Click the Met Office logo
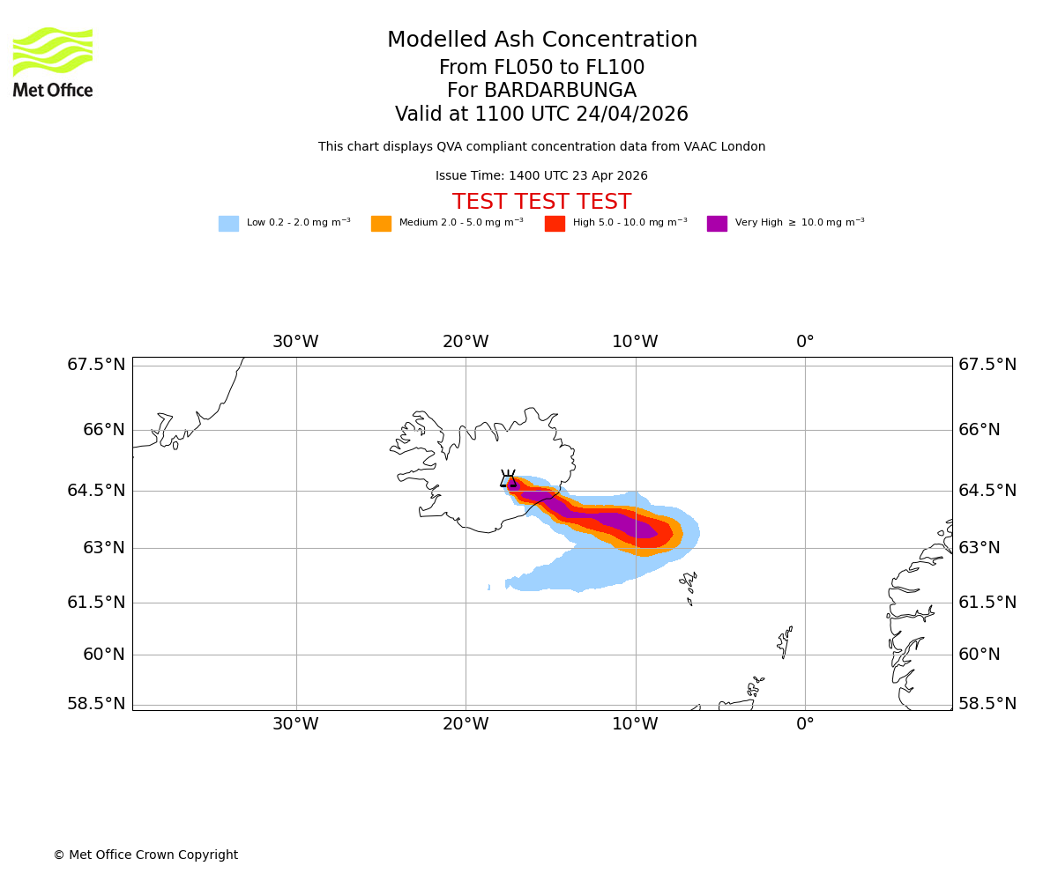pos(53,62)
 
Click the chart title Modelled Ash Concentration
pos(541,41)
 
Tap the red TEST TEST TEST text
pos(541,203)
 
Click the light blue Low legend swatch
pos(228,224)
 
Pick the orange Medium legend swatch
pos(381,224)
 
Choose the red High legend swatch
pos(555,224)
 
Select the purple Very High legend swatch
pos(717,224)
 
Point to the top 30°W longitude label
pos(295,342)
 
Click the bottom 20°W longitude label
pos(466,724)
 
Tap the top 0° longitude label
pos(805,342)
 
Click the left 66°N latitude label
pos(96,430)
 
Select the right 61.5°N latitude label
pos(987,603)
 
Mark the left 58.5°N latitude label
pos(96,704)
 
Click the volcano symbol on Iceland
pos(508,479)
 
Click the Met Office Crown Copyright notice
pos(145,855)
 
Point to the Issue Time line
pos(541,176)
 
